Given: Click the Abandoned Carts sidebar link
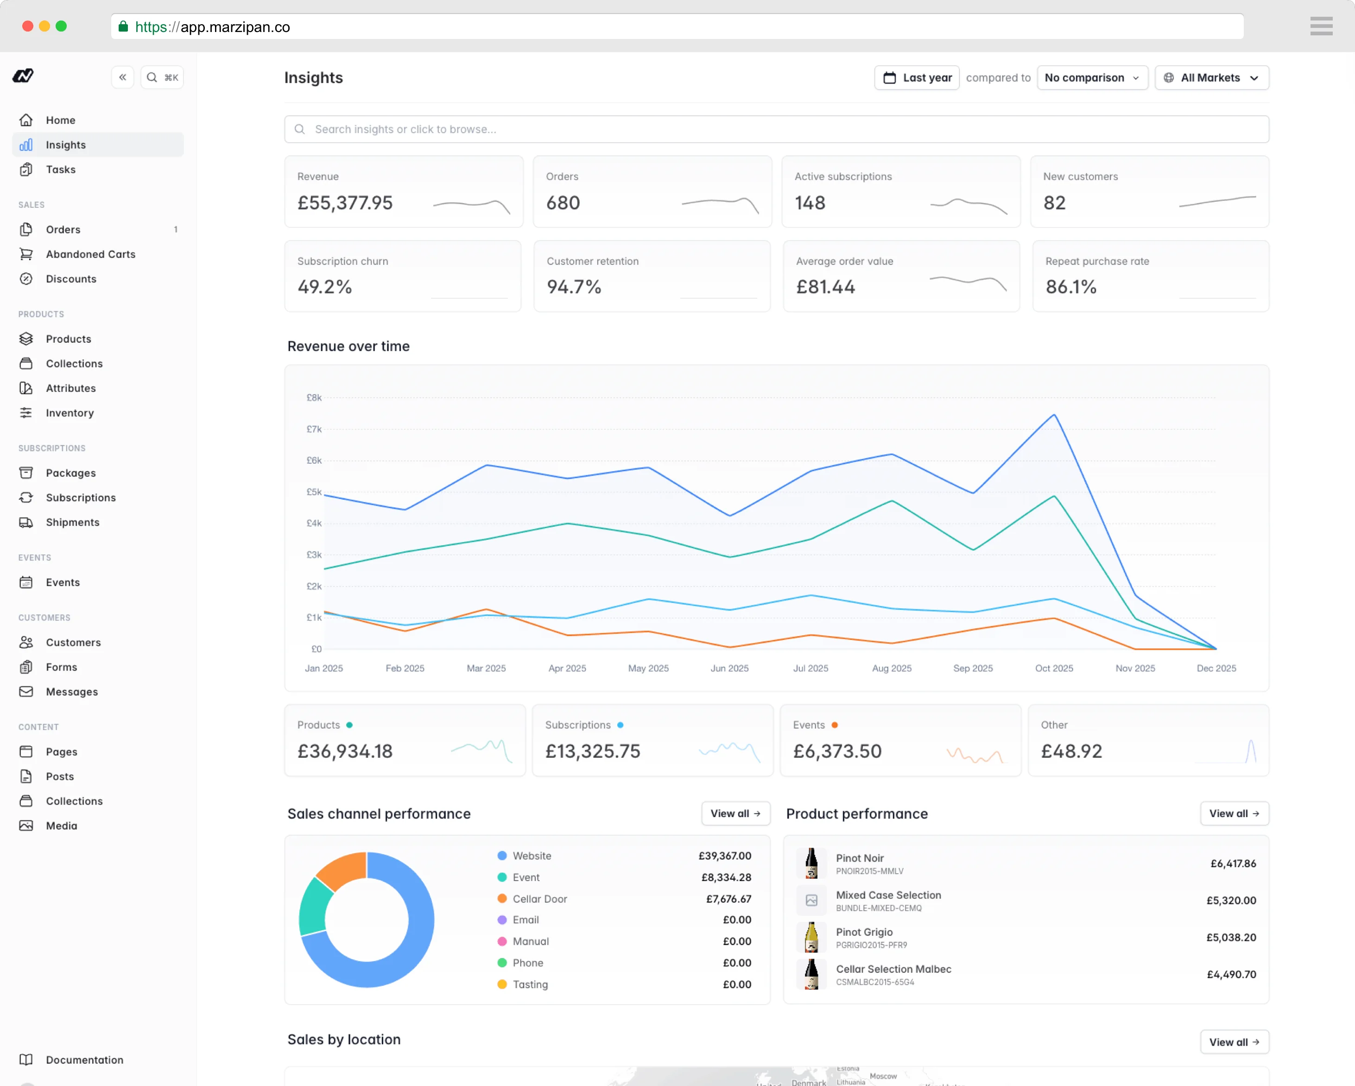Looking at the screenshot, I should (90, 254).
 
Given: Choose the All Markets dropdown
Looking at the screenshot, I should (1210, 77).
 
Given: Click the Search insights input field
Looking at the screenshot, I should (776, 129).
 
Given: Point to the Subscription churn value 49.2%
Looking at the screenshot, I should (324, 287).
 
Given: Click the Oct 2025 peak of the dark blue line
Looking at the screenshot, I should (1054, 415).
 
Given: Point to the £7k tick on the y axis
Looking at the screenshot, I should (314, 429).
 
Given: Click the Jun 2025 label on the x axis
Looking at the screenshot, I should (729, 668).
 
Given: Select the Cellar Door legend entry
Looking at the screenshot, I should (539, 899).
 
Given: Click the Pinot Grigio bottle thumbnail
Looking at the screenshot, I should (811, 937).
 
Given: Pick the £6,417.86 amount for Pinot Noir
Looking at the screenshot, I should (1233, 863).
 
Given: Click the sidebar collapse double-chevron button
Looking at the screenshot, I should (122, 77).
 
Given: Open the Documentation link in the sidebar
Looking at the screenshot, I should (84, 1060).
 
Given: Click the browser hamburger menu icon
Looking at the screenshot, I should (1321, 26).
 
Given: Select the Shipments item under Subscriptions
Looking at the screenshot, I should (72, 522).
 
